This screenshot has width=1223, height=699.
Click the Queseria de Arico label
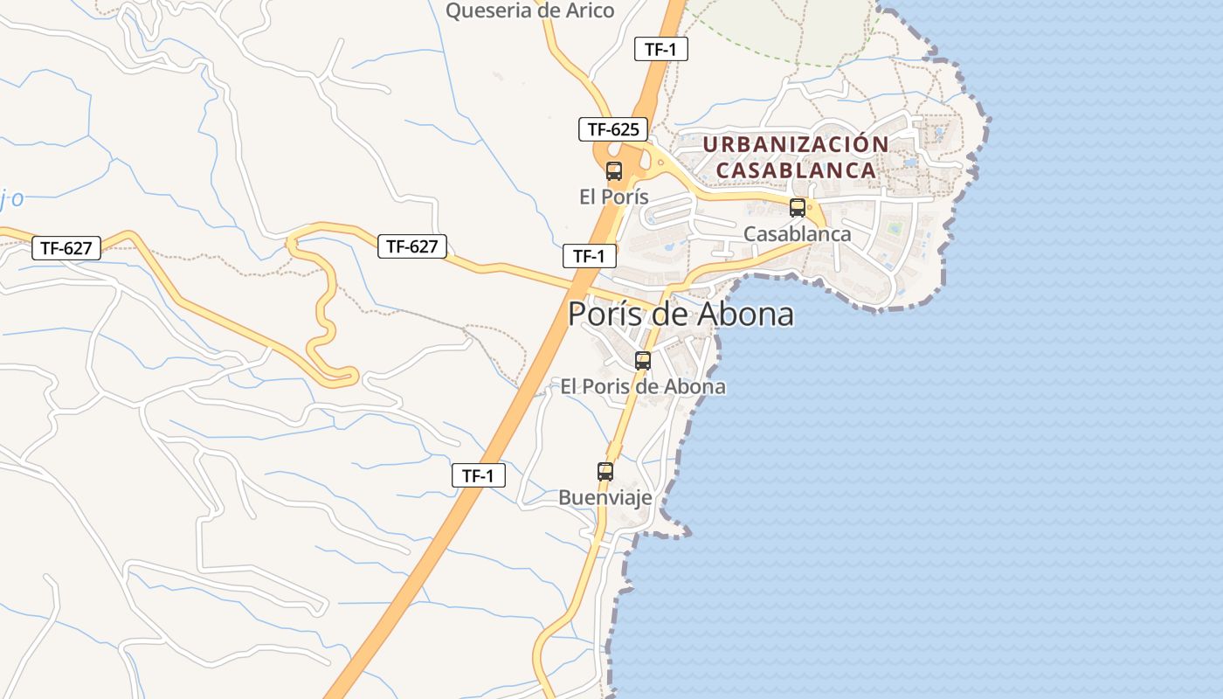tap(530, 10)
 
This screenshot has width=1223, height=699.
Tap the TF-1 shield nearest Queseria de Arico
tap(660, 50)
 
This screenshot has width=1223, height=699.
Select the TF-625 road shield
tap(613, 129)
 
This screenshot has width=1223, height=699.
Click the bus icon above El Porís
tap(614, 170)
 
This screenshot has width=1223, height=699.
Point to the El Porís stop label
tap(614, 197)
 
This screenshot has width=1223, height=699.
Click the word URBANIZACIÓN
tap(796, 144)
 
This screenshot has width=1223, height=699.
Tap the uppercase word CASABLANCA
tap(796, 170)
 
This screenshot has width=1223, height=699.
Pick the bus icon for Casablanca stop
tap(797, 208)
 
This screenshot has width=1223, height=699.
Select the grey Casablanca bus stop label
tap(797, 234)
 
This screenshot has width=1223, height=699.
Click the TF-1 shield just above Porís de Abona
tap(589, 256)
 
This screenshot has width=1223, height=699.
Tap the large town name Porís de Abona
tap(681, 314)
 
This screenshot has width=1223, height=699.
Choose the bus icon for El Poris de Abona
tap(643, 360)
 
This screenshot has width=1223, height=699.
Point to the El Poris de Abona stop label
tap(643, 386)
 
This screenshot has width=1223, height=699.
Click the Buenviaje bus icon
tap(605, 472)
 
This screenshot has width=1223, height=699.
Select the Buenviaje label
tap(605, 498)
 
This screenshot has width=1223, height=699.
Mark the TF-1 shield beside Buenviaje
tap(478, 476)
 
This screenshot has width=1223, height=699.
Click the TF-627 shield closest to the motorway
tap(411, 246)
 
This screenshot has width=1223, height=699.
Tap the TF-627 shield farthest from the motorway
tap(66, 248)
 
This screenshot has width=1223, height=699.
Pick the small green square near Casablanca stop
tap(895, 229)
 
